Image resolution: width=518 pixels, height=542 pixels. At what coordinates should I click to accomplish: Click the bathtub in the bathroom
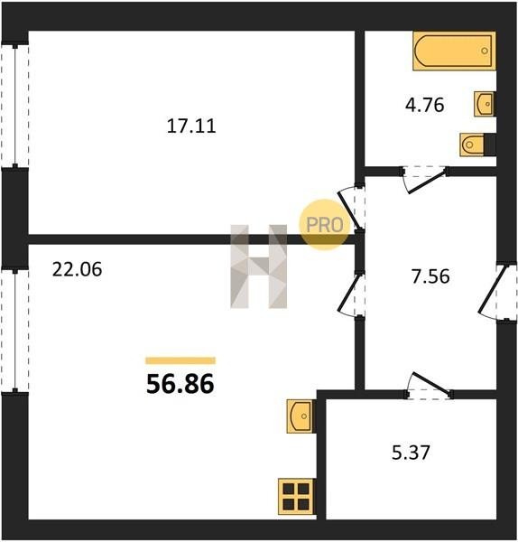click(454, 51)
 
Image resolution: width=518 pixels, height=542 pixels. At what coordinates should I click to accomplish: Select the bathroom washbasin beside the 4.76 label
click(485, 104)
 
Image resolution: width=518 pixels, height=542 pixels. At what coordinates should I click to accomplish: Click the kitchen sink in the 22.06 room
click(301, 416)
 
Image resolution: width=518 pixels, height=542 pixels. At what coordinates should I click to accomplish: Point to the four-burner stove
click(297, 496)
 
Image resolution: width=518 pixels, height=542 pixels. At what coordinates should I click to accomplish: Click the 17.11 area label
click(191, 126)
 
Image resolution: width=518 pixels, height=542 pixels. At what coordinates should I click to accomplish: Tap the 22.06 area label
click(77, 269)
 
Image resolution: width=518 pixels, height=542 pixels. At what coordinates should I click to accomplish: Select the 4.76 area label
click(424, 105)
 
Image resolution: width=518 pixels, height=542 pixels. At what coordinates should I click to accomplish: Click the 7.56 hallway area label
click(430, 276)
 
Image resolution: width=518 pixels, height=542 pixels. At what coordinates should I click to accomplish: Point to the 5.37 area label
click(411, 453)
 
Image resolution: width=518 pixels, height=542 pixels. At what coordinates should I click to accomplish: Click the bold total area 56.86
click(180, 385)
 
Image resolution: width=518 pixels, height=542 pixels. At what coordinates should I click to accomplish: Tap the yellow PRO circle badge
click(325, 225)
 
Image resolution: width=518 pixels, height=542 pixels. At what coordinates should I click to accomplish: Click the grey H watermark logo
click(259, 266)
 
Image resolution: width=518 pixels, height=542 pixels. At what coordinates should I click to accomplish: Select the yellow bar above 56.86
click(180, 360)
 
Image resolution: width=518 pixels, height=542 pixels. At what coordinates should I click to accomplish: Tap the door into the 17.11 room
click(349, 210)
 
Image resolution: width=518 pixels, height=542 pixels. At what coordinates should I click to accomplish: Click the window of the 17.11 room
click(14, 106)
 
